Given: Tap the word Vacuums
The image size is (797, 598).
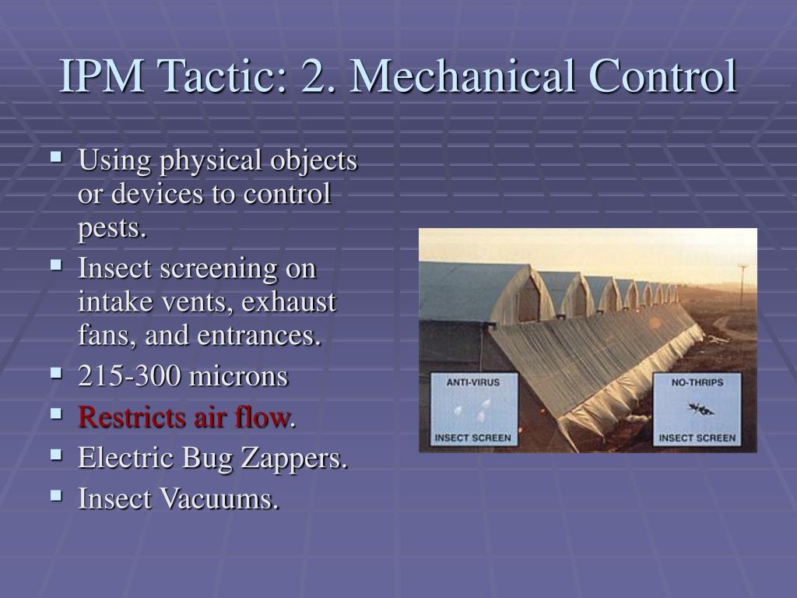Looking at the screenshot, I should coord(219,499).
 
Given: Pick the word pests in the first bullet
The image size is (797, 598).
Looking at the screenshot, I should coord(111,229).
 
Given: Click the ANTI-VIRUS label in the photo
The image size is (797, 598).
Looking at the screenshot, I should coord(472,382).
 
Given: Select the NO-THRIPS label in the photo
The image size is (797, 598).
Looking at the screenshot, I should coord(697,382).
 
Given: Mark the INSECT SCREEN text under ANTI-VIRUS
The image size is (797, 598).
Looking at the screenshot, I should coord(472,438).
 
